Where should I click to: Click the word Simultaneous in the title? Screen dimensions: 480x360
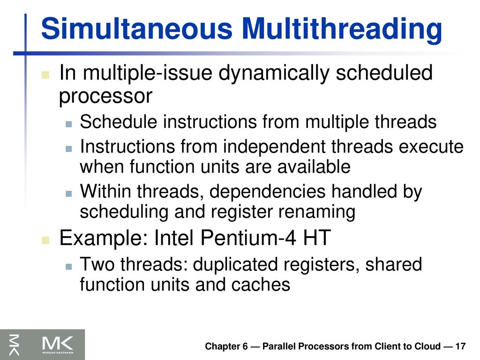pyautogui.click(x=136, y=29)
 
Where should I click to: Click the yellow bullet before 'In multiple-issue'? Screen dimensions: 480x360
pyautogui.click(x=45, y=75)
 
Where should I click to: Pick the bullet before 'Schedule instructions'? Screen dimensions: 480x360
pyautogui.click(x=68, y=124)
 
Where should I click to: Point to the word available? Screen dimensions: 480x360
pyautogui.click(x=314, y=167)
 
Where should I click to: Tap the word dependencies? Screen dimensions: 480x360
pyautogui.click(x=267, y=192)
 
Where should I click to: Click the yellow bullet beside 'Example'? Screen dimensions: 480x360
pyautogui.click(x=45, y=240)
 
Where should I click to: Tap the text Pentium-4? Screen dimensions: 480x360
pyautogui.click(x=248, y=238)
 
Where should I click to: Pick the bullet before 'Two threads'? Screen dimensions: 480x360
pyautogui.click(x=68, y=267)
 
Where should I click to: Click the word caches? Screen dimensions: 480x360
pyautogui.click(x=261, y=285)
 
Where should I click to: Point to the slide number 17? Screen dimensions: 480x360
pyautogui.click(x=460, y=346)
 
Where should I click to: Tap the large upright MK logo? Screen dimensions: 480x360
pyautogui.click(x=58, y=344)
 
